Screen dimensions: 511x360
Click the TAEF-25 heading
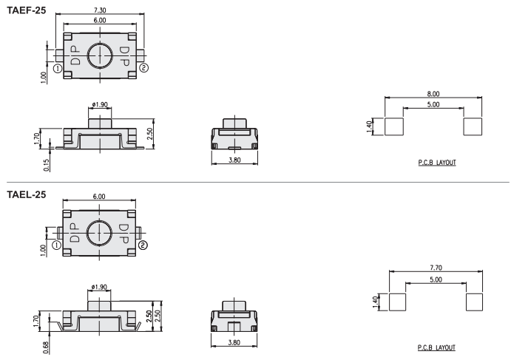tap(27, 10)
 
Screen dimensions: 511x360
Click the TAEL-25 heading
tap(27, 194)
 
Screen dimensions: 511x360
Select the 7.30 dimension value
tap(100, 10)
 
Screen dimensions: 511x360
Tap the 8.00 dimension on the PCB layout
tap(433, 94)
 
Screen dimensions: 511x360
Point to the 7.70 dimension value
tap(436, 268)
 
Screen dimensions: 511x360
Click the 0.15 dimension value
tap(47, 165)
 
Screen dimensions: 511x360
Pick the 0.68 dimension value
tap(46, 347)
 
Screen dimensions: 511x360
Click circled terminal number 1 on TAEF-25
tap(58, 69)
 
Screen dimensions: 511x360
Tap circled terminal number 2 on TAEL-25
tap(143, 245)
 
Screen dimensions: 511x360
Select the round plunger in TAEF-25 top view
tap(100, 55)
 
